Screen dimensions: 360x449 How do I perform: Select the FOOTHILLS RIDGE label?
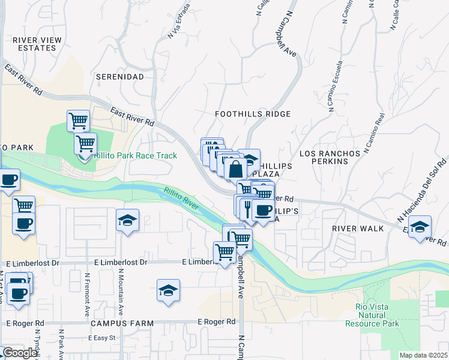click(253, 114)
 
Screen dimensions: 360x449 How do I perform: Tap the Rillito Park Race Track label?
click(136, 156)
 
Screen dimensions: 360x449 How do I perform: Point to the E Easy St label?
click(101, 338)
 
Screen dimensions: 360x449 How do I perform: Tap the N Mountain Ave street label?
click(121, 293)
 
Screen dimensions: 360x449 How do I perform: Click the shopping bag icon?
click(235, 168)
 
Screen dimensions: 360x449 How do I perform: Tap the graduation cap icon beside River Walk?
click(420, 227)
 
